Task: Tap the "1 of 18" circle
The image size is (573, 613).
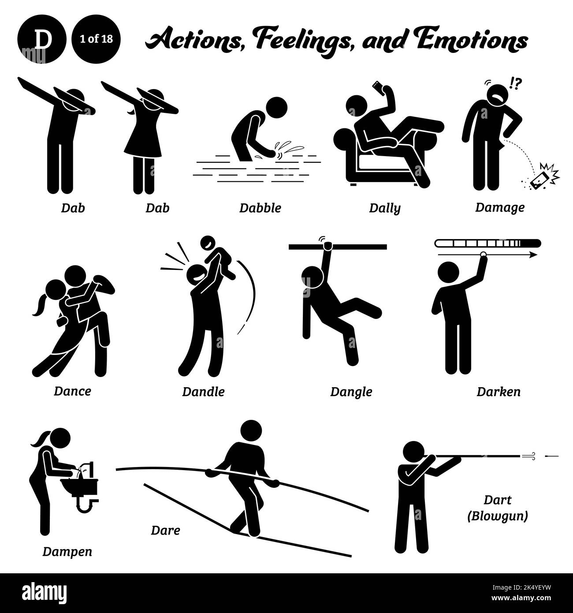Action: click(x=96, y=39)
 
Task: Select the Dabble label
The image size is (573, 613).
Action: click(x=260, y=208)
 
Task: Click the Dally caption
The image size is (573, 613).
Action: click(x=385, y=208)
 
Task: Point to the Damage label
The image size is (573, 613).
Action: click(x=499, y=207)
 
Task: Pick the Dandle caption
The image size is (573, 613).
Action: click(x=203, y=391)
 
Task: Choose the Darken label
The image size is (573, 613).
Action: click(x=498, y=391)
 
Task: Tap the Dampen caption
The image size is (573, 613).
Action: click(x=67, y=551)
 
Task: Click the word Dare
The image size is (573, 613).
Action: click(x=165, y=530)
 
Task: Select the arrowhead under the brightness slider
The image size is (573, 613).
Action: click(x=533, y=255)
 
